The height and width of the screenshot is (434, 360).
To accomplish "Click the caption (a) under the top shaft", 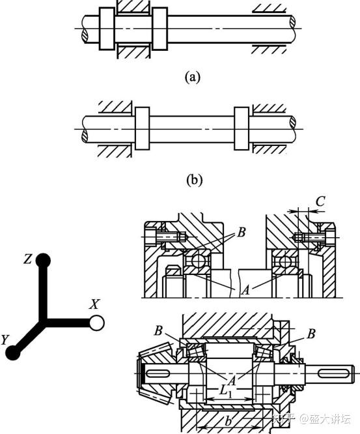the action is point(192,77).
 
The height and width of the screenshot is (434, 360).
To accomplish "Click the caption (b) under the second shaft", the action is point(195,180).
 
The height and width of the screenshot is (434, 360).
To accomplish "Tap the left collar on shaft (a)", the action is point(107,29).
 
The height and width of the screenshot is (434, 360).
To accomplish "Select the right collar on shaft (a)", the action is point(159,29).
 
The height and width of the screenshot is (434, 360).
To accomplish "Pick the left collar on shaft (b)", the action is point(142,128).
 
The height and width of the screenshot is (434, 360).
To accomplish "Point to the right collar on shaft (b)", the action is point(242,128).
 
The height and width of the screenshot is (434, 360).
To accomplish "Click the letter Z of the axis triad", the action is point(27,259).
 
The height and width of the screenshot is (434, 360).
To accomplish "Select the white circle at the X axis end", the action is point(97,323).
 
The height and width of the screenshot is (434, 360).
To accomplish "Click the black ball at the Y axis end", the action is point(13,353).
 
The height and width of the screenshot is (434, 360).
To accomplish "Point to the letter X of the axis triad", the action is point(94,304).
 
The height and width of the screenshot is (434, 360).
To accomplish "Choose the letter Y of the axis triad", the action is point(5,340).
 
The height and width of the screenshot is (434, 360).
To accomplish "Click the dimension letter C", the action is point(320,201).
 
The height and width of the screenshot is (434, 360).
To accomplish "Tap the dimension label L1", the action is point(225,390).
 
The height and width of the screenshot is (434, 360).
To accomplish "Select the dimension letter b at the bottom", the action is point(228,422).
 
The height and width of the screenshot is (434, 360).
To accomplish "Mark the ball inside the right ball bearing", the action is point(284,261).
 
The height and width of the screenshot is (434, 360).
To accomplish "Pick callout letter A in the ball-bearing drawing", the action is point(245,290).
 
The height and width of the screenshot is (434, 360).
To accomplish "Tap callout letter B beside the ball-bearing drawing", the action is point(241,233).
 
